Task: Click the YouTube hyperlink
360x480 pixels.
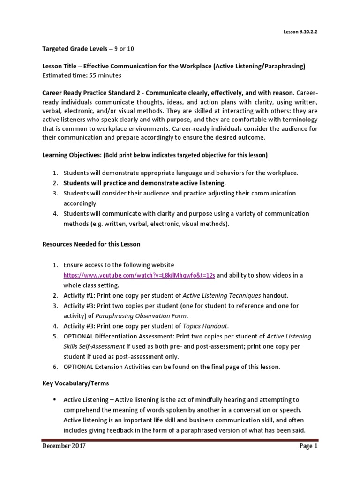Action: point(139,275)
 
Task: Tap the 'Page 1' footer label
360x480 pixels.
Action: point(308,446)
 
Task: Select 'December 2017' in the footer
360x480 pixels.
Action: point(64,446)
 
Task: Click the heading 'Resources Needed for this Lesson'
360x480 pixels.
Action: point(91,244)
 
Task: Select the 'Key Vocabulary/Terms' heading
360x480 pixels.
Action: point(75,383)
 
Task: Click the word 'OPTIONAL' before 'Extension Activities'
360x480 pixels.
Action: point(80,367)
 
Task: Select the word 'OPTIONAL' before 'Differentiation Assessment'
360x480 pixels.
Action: point(80,336)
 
